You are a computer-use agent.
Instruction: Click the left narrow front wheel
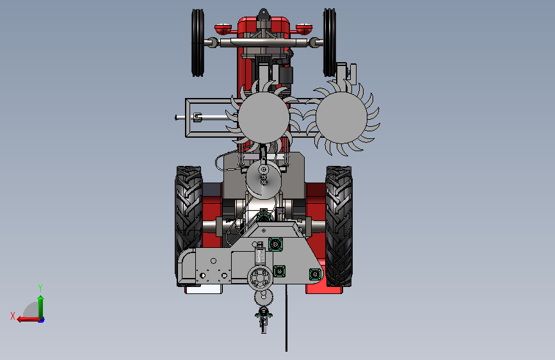tap(198, 42)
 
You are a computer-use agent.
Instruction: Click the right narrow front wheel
tap(330, 42)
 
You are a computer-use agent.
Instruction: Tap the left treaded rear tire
tap(189, 225)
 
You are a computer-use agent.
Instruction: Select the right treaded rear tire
tap(339, 225)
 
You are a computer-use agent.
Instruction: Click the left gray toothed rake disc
tap(264, 118)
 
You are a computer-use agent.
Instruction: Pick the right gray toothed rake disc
tap(342, 118)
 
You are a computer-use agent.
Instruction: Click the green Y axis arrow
tap(41, 307)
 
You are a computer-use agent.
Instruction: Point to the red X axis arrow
tap(28, 320)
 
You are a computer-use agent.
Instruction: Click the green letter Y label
tap(40, 288)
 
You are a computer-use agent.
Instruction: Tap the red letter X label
tap(13, 316)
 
